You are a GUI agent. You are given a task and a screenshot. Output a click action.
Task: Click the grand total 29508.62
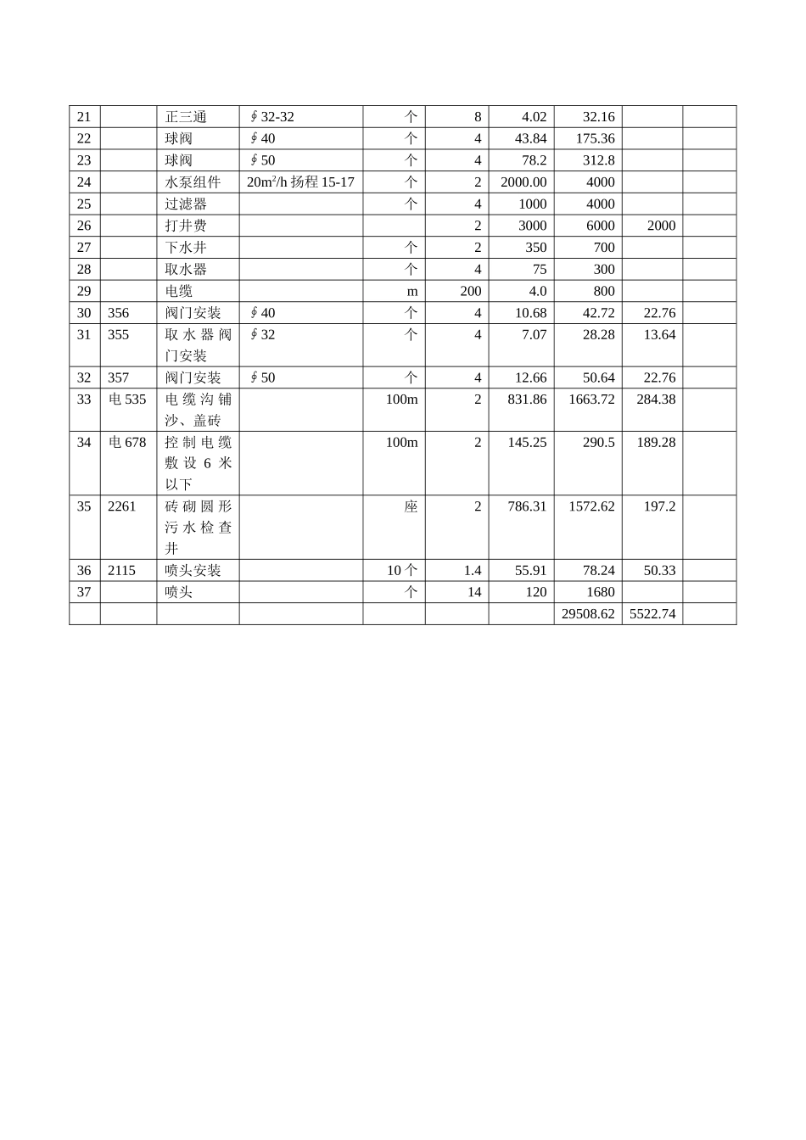coord(588,614)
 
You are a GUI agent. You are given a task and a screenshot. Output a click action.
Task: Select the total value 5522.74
coord(652,614)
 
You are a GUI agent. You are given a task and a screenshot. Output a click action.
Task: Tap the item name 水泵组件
coord(193,182)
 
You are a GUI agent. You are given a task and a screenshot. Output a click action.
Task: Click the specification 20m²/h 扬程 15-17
coord(300,182)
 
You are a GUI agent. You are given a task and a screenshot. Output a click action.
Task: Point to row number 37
coord(84,592)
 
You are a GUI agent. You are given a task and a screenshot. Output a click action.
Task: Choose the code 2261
coord(122,506)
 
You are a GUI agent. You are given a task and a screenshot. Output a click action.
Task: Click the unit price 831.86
coord(527,400)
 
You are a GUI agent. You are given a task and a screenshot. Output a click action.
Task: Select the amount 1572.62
coord(591,506)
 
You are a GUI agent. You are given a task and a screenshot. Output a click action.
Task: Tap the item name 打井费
coord(186,226)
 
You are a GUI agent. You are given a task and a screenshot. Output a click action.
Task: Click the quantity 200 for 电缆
coord(470,291)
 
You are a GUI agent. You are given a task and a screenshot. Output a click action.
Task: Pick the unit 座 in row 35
coord(411,506)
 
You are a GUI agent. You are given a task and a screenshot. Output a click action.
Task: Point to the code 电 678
coord(127,443)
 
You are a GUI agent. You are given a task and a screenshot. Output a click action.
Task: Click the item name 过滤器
coord(186,204)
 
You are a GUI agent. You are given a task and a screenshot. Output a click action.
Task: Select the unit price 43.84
coord(530,138)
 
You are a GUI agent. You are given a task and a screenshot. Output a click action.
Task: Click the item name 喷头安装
coord(193,571)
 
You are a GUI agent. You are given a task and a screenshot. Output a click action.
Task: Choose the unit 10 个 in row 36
coord(402,571)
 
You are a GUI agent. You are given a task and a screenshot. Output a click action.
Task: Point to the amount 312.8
coord(598,160)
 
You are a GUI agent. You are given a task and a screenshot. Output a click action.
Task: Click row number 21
coord(84,117)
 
